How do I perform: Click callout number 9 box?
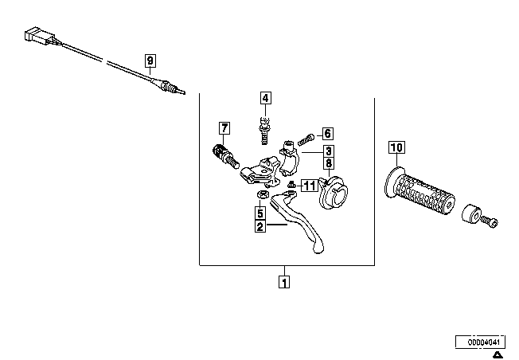click(150, 61)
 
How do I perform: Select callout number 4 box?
click(265, 98)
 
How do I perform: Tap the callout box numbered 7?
click(224, 128)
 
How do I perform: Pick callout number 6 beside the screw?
click(327, 134)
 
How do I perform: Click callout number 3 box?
click(328, 151)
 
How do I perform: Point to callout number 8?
click(328, 163)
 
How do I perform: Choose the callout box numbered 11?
click(310, 186)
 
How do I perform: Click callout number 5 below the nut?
click(260, 213)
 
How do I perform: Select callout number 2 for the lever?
click(260, 226)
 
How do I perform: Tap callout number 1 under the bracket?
click(284, 282)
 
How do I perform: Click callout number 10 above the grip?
click(397, 147)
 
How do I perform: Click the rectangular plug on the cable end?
click(39, 37)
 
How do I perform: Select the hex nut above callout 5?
click(263, 194)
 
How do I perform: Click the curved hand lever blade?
click(298, 221)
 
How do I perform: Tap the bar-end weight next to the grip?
click(471, 214)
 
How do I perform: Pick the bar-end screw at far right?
click(490, 221)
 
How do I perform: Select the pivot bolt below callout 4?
click(264, 131)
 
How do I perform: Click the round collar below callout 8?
click(334, 194)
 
